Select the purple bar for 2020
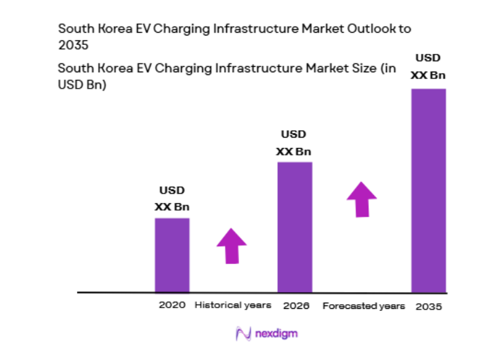(x=172, y=255)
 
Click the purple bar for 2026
(x=294, y=227)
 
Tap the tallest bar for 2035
(x=428, y=190)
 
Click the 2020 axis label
(x=172, y=305)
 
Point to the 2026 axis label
(x=296, y=305)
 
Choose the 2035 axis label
(x=428, y=306)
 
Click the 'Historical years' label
(x=233, y=305)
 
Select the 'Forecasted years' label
(x=363, y=306)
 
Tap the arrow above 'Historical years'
(x=232, y=245)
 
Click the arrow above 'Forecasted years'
(x=361, y=198)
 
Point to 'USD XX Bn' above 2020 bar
(x=172, y=198)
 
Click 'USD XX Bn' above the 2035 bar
(x=428, y=67)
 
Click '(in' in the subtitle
(x=388, y=68)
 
